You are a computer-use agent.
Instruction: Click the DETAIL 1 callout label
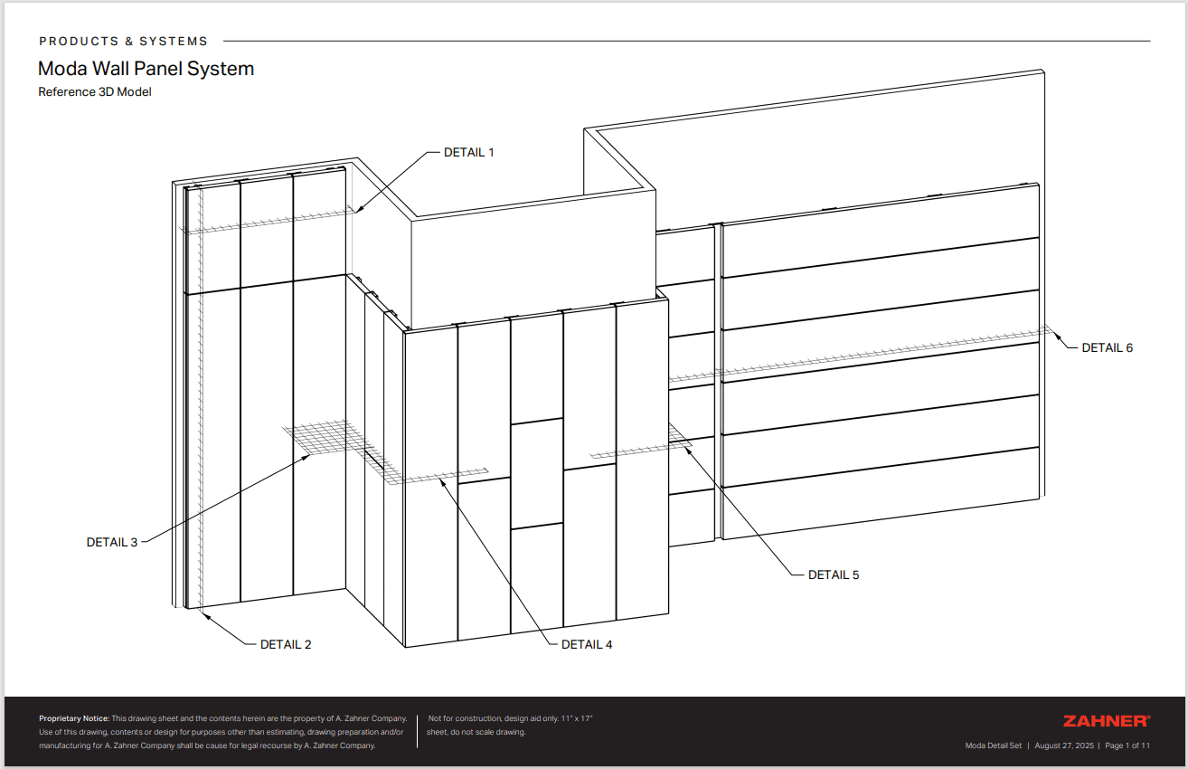point(468,152)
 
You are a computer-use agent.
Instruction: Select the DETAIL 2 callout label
point(286,644)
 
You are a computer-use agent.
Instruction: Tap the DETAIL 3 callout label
point(112,542)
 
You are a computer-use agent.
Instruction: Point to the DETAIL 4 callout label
point(587,644)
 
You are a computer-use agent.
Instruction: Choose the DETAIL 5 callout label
point(834,574)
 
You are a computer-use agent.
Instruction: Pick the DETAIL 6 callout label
point(1107,347)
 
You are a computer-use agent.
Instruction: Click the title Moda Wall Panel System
point(146,69)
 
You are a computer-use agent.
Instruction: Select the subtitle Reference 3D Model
point(94,91)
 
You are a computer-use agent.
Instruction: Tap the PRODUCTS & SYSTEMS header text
point(124,42)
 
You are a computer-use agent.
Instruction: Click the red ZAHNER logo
point(1106,721)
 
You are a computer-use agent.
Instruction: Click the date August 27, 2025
point(1063,745)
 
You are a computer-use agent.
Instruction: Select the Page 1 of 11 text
point(1127,745)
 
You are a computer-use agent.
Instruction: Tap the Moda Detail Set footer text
point(993,745)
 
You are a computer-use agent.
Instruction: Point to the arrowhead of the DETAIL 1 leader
point(357,211)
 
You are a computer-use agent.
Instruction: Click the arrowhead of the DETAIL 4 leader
point(442,481)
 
